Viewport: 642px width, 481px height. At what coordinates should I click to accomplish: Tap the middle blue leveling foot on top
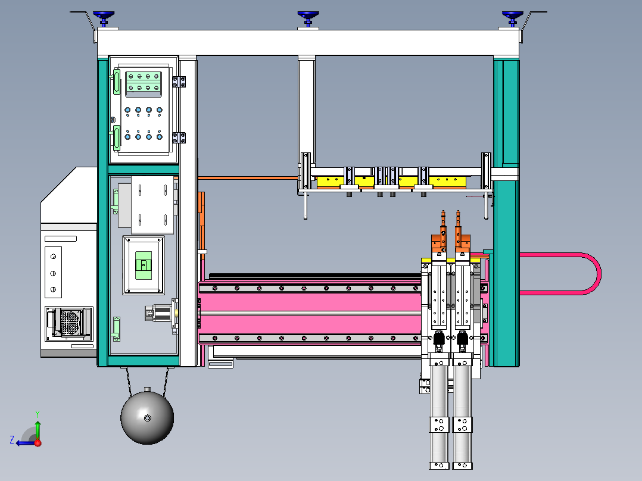pos(308,15)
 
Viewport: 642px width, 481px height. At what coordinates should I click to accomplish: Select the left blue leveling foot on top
pos(104,15)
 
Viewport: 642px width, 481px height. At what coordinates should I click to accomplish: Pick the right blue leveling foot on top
pos(512,15)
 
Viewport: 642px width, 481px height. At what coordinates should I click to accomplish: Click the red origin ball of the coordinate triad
pos(38,442)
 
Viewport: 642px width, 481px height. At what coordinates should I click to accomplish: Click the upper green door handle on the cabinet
pos(117,82)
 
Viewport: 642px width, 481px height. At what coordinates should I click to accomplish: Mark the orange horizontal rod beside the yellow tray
pos(247,177)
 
